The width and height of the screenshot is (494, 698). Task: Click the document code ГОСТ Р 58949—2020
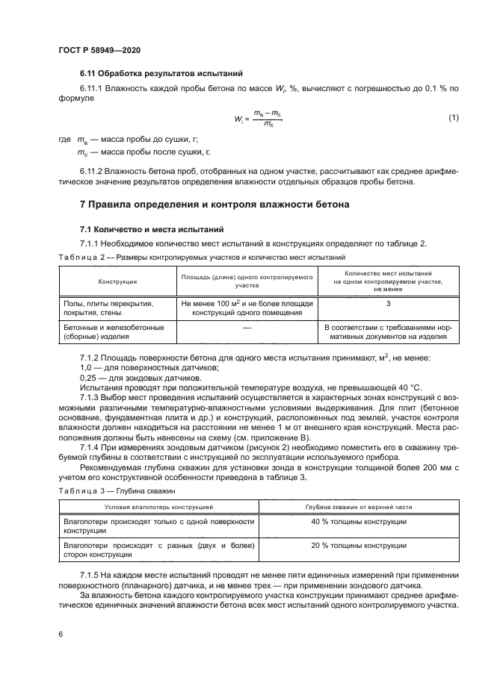(99, 49)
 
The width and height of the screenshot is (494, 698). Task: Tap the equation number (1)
(453, 118)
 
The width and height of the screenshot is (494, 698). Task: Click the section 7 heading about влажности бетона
(214, 204)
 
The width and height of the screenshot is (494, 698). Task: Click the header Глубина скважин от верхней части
(359, 506)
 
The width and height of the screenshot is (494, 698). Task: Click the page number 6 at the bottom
(60, 633)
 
